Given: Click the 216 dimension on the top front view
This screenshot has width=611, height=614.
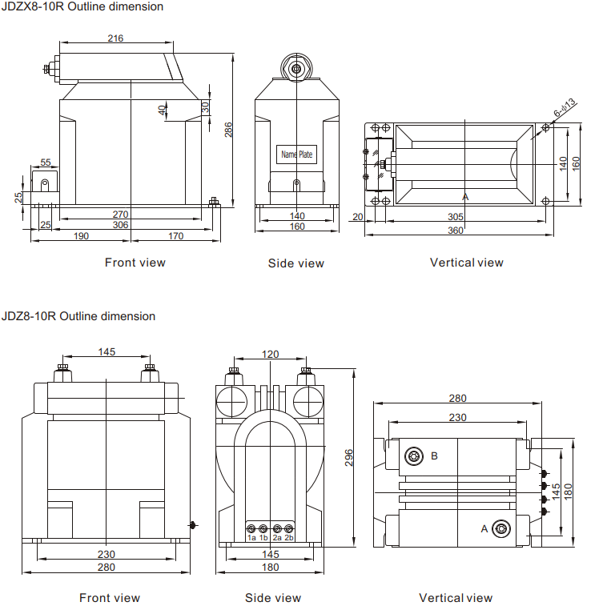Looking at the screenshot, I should [x=115, y=38].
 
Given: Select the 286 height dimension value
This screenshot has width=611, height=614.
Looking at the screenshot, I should [x=228, y=129].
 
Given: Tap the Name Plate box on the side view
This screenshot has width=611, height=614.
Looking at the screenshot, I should [x=296, y=154].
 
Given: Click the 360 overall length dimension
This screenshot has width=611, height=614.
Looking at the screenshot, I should [x=456, y=231].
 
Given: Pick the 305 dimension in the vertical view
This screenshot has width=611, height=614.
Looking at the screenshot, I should [x=456, y=217].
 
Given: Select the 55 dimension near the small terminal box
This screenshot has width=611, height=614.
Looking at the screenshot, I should [x=46, y=163].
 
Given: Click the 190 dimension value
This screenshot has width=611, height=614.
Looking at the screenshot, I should [x=81, y=236].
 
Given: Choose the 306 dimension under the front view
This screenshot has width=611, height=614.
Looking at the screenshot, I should [x=120, y=226].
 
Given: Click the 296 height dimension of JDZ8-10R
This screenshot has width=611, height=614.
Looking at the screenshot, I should [x=349, y=457].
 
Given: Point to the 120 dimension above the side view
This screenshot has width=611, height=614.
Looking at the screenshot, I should [x=271, y=354].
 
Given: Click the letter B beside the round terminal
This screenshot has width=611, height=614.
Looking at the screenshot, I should [x=434, y=455].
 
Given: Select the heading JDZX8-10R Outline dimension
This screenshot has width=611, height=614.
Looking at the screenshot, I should [x=82, y=7].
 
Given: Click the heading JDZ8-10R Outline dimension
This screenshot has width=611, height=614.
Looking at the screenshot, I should [x=78, y=316].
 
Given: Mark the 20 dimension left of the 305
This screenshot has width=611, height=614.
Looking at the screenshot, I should [x=357, y=217].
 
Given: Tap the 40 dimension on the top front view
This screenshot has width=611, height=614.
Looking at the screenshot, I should [x=162, y=110].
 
